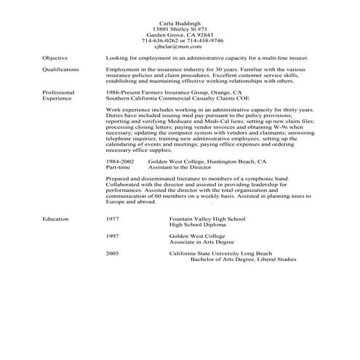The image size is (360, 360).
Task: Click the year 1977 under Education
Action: (x=112, y=218)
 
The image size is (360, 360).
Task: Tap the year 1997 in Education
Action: (x=112, y=236)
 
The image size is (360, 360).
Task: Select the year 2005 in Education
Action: (x=112, y=254)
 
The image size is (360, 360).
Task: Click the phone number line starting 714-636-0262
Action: (x=179, y=40)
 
